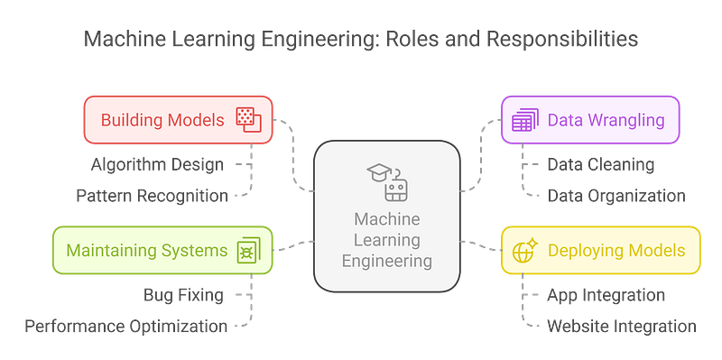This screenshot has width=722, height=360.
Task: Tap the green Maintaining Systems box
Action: (x=162, y=250)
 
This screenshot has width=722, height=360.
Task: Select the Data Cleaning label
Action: (x=601, y=164)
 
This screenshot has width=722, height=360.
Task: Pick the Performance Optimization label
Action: (x=126, y=325)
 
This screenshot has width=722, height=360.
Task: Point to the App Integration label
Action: (x=606, y=294)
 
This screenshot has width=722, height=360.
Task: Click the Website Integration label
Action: (x=621, y=325)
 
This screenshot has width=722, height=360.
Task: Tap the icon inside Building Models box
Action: (x=247, y=119)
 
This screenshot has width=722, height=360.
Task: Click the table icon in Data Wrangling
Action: (x=523, y=119)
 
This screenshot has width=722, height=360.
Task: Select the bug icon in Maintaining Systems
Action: (x=245, y=250)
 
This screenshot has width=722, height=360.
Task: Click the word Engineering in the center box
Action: (x=393, y=261)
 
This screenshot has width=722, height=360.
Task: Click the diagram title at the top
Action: (x=361, y=40)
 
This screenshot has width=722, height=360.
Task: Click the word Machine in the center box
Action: (x=393, y=219)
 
